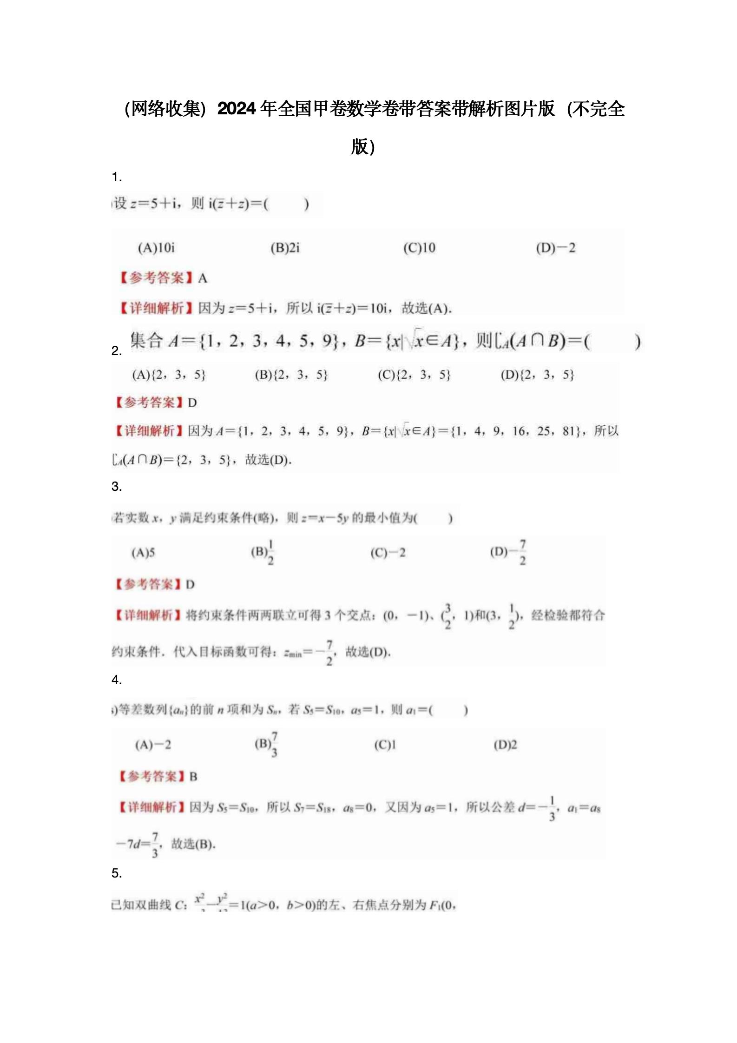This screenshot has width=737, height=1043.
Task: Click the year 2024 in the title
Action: (237, 109)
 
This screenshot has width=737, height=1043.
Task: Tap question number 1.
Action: (117, 177)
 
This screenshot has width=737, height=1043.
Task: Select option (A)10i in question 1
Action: (156, 248)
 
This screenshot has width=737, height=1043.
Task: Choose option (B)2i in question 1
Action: (285, 248)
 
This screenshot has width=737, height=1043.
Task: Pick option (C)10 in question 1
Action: (419, 248)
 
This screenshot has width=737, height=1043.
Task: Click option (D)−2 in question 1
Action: (555, 248)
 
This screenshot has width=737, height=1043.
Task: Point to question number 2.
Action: (117, 351)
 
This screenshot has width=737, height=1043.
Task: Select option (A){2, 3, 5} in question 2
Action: (169, 375)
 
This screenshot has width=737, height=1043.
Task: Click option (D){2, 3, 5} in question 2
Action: (537, 375)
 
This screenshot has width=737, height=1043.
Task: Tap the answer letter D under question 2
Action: (192, 403)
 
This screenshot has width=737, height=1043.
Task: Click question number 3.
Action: (117, 487)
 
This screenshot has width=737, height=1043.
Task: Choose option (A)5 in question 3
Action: (143, 553)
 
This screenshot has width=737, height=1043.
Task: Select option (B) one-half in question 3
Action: (263, 552)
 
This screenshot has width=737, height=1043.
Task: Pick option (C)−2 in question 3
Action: (388, 553)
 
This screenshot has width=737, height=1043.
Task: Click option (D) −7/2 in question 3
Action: (508, 552)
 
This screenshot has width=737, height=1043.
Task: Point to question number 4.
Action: (117, 680)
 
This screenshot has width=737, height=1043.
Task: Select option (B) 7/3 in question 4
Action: (266, 744)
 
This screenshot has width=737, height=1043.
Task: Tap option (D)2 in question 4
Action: (505, 745)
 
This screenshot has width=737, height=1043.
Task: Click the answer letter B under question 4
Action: (193, 777)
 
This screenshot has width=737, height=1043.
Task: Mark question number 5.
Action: (117, 873)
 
